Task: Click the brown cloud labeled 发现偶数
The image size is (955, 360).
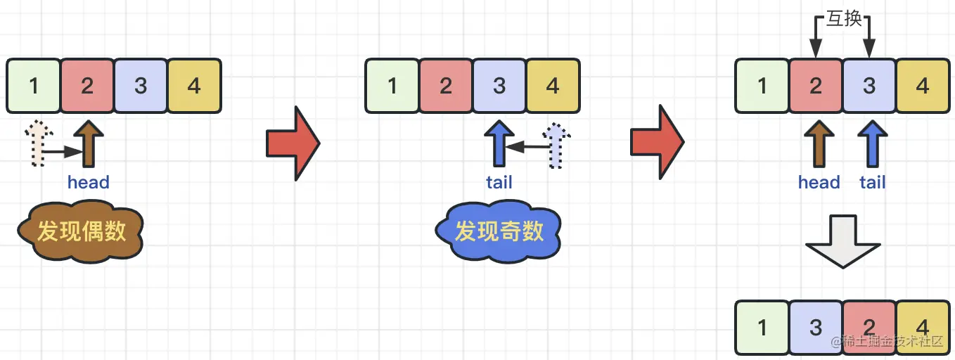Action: coord(81,231)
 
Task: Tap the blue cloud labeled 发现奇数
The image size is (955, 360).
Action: coord(499,231)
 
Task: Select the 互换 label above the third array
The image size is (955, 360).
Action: coord(843,19)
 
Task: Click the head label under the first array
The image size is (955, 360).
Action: coord(89,183)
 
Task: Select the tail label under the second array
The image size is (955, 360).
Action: coord(499,183)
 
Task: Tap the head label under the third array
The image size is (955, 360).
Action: coord(819,183)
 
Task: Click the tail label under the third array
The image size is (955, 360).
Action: coord(872,183)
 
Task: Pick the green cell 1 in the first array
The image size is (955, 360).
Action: coord(34,86)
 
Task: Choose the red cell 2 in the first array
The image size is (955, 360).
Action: coord(87,86)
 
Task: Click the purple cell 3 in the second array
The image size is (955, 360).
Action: coord(499,86)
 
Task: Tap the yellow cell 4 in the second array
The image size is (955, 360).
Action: coord(553,86)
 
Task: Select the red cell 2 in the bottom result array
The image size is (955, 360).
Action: coord(869,328)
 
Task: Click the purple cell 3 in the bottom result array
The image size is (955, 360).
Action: coord(816,328)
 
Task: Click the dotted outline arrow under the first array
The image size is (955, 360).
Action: coord(34,144)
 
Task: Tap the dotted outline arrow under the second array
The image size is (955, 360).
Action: coord(556,146)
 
